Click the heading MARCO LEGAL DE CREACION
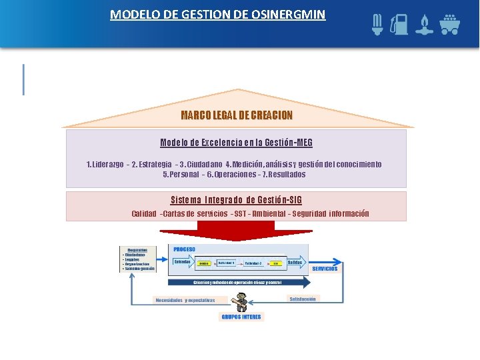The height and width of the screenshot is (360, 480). [x=237, y=115]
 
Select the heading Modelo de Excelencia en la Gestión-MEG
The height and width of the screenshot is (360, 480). [x=237, y=143]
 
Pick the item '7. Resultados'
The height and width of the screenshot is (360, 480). [x=284, y=175]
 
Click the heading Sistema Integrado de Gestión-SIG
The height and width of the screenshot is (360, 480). [x=237, y=200]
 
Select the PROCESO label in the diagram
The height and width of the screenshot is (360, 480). [x=185, y=249]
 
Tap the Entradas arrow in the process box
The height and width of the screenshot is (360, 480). [x=183, y=262]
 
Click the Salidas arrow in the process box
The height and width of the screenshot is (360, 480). [x=295, y=263]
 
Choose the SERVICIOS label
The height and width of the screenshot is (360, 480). [x=325, y=269]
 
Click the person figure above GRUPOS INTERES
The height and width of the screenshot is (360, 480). [x=241, y=303]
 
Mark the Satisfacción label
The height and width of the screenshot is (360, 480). [x=303, y=299]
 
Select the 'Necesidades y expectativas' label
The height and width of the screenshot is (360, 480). [x=185, y=300]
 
